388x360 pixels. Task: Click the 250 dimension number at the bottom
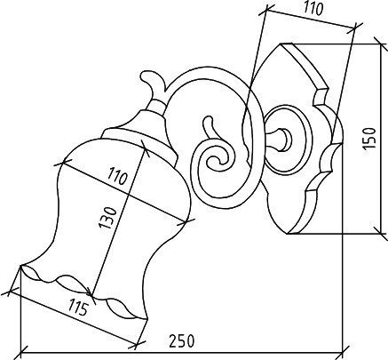tap(182, 341)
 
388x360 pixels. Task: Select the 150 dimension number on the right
tap(369, 139)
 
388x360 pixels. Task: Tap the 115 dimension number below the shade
tap(78, 308)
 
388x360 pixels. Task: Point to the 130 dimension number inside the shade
tap(107, 218)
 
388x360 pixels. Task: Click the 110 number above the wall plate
tap(313, 9)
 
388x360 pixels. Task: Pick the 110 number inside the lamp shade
tap(117, 176)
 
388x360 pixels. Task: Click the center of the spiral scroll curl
tap(218, 161)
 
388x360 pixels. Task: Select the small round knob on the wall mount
tap(286, 139)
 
